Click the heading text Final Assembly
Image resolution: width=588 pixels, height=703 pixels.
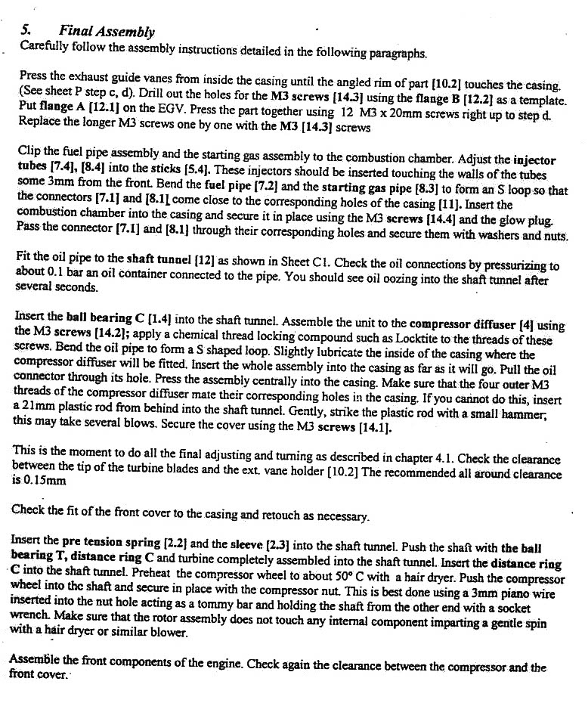coord(107,32)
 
